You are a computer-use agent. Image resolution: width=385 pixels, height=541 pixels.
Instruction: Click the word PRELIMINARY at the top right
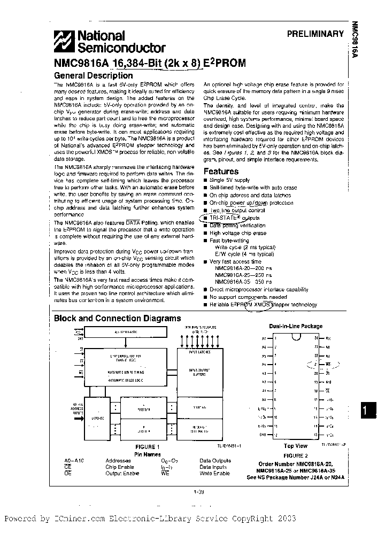tap(315, 34)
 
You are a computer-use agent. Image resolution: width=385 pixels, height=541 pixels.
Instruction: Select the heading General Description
tap(94, 75)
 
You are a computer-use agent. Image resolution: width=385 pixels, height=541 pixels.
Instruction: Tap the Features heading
tap(221, 172)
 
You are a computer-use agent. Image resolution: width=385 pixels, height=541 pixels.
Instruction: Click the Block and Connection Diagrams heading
tap(118, 318)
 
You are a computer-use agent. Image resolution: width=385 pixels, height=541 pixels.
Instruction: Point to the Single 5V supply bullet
tap(230, 181)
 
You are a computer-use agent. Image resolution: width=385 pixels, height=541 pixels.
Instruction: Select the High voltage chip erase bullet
tap(237, 233)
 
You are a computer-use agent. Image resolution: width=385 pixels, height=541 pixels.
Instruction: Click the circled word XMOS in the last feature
tap(262, 305)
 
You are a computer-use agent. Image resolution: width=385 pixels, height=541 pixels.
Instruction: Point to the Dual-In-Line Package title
tap(295, 326)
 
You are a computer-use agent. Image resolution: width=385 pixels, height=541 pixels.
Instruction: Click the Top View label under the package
tap(295, 445)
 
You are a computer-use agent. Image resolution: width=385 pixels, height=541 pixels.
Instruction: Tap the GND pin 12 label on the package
tap(264, 434)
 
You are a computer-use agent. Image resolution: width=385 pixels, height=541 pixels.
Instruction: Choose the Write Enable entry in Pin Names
tap(214, 473)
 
